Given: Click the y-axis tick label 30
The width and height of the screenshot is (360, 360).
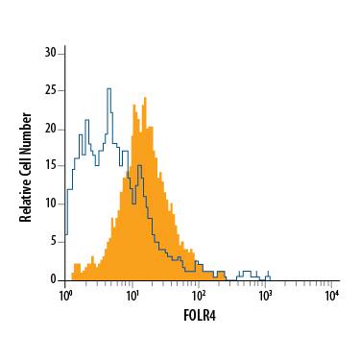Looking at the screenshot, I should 52,54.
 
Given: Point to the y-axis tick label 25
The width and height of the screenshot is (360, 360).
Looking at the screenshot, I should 52,91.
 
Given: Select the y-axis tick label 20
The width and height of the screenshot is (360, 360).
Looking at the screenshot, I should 52,129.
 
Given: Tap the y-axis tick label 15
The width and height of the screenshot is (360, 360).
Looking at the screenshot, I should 52,166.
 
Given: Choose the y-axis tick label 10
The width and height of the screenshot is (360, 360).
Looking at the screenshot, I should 52,204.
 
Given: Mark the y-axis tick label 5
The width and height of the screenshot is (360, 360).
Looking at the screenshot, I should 55,241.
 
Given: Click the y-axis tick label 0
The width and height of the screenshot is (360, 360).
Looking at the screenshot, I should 55,278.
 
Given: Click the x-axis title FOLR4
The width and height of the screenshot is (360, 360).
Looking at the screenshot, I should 198,313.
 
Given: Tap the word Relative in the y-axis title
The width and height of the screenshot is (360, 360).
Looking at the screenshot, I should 27,201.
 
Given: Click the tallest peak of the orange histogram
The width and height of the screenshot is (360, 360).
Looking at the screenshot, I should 144,97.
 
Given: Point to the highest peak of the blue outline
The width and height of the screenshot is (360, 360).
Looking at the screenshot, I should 108,88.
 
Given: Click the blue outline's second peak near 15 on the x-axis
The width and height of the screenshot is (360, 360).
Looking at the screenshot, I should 139,166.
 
